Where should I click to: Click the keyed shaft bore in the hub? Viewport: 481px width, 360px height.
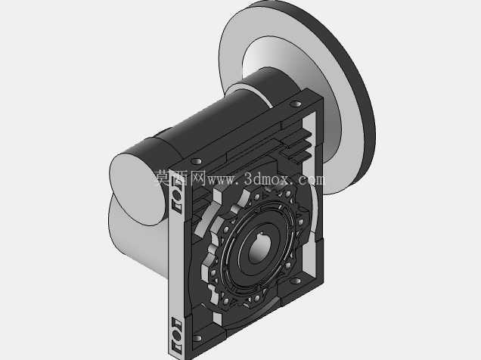pos(259,249)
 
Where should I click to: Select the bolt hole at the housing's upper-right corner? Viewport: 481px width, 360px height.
pos(296,104)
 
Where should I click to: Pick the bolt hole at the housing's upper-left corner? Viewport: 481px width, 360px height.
pos(197,161)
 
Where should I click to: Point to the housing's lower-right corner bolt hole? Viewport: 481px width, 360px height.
pos(296,281)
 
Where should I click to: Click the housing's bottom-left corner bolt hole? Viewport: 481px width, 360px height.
pos(197,338)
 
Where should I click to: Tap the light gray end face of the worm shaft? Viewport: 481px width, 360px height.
pos(137,189)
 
